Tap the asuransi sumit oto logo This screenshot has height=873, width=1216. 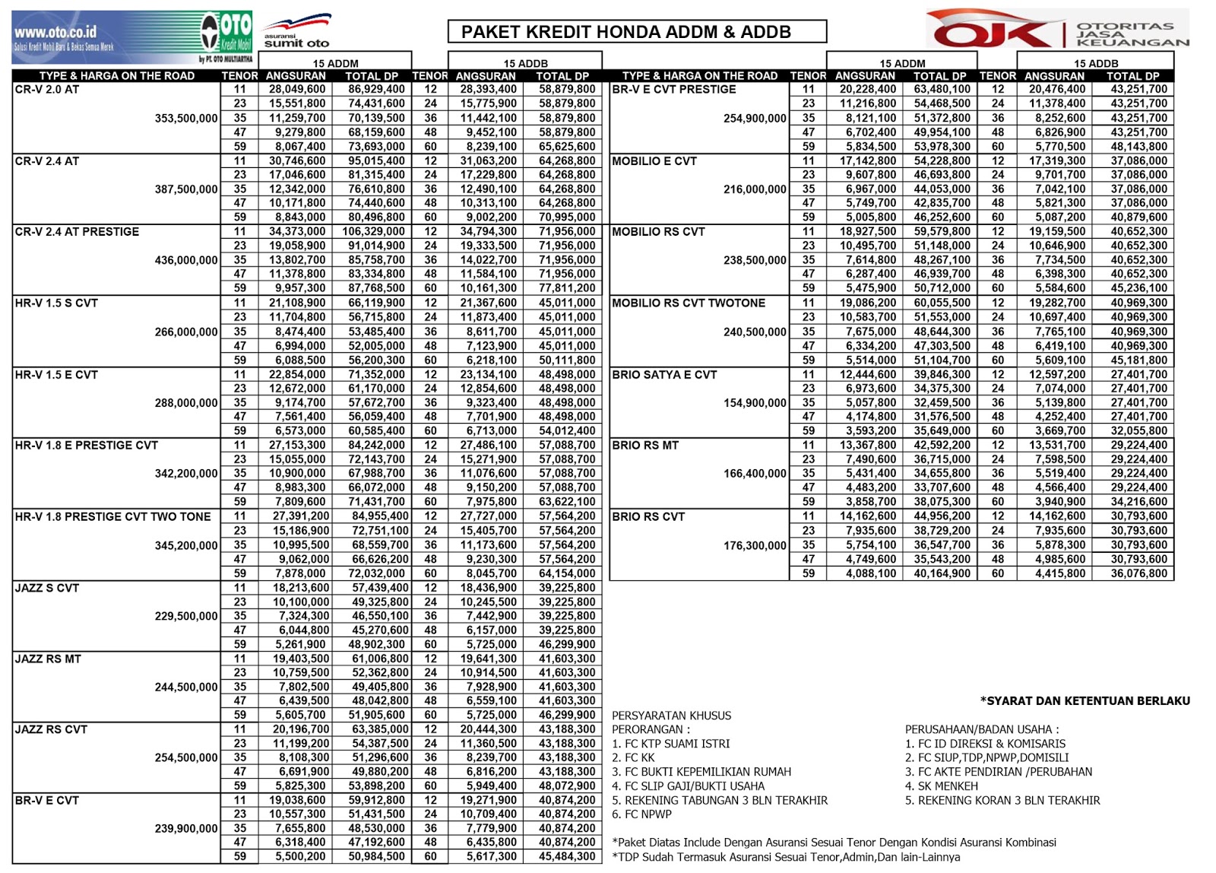tap(297, 33)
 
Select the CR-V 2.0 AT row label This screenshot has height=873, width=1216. tap(47, 89)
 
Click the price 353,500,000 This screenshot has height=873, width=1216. tap(186, 118)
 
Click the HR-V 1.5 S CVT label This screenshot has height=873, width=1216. tap(56, 303)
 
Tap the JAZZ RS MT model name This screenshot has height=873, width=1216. tap(48, 659)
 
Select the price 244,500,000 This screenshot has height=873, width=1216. tap(186, 687)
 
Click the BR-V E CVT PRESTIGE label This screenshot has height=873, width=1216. tap(674, 89)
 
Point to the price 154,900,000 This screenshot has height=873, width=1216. tap(755, 402)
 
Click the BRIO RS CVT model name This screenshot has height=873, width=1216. tap(648, 516)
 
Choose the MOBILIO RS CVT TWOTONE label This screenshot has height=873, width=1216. tap(689, 303)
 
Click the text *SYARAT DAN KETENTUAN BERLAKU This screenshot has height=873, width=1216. tap(1085, 700)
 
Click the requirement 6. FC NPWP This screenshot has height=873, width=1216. tap(642, 814)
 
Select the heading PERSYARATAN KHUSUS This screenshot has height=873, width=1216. tap(672, 716)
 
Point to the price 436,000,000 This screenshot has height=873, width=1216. tap(186, 260)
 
